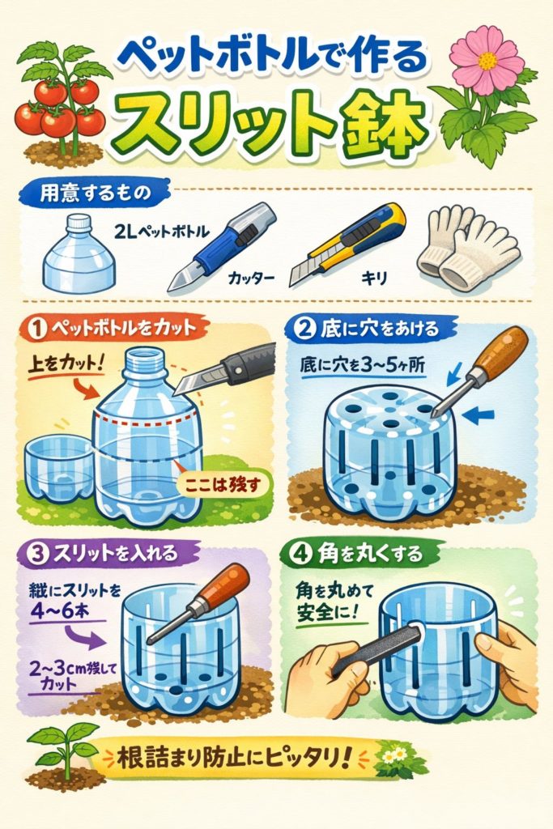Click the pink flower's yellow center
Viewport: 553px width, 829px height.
[487, 61]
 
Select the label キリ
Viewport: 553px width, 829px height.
[374, 277]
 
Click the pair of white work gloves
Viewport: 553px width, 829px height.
[466, 246]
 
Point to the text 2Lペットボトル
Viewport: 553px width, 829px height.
[161, 231]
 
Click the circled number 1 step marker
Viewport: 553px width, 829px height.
[37, 329]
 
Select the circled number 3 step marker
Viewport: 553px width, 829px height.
[38, 555]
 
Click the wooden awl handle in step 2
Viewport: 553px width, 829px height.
[500, 353]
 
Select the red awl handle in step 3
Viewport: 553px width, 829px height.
[224, 585]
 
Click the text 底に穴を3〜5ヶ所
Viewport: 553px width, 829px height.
[362, 365]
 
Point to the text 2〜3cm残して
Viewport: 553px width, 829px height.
[72, 668]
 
